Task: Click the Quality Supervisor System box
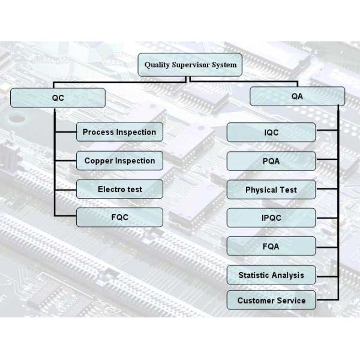(x=190, y=65)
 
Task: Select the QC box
(x=58, y=98)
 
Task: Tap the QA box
(x=297, y=96)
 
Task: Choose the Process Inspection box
(x=119, y=132)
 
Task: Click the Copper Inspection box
(x=119, y=161)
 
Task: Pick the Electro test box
(x=119, y=189)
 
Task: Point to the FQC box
(x=119, y=217)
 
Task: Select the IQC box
(x=271, y=133)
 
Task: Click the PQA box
(x=271, y=161)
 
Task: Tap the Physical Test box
(x=271, y=190)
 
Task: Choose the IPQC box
(x=271, y=218)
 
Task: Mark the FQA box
(x=271, y=247)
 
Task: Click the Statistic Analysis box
(x=271, y=275)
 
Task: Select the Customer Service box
(x=271, y=301)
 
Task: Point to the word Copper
(x=98, y=161)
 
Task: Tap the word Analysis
(x=287, y=275)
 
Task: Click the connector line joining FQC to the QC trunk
(x=65, y=217)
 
